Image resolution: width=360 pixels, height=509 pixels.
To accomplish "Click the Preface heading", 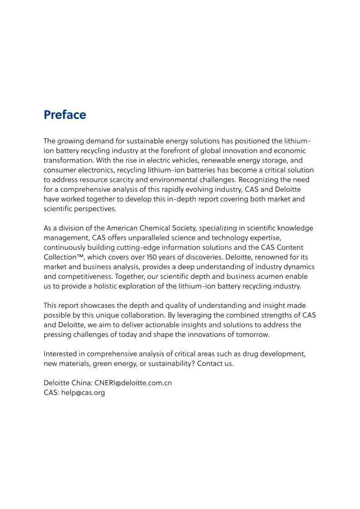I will click(65, 115).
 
